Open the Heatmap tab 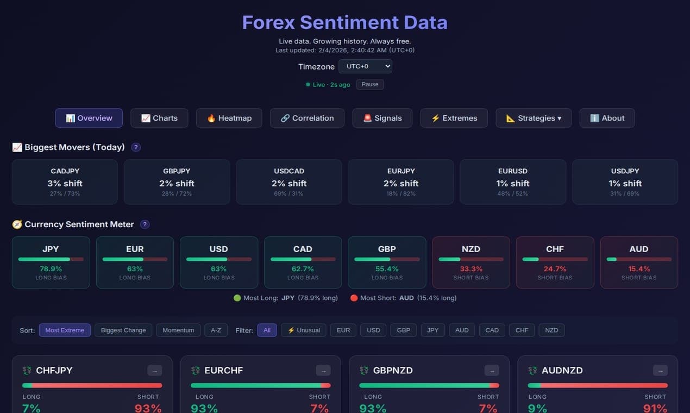pyautogui.click(x=229, y=118)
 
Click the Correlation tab pyautogui.click(x=307, y=118)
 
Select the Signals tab pyautogui.click(x=382, y=118)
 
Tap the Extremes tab pyautogui.click(x=454, y=118)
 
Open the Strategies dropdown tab pyautogui.click(x=533, y=118)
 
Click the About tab pyautogui.click(x=607, y=118)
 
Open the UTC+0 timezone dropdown pyautogui.click(x=365, y=66)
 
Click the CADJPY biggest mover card pyautogui.click(x=65, y=182)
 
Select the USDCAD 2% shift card pyautogui.click(x=289, y=182)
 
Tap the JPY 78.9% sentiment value pyautogui.click(x=51, y=269)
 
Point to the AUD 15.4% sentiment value pyautogui.click(x=639, y=269)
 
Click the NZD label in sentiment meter pyautogui.click(x=471, y=249)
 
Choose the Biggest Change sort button pyautogui.click(x=123, y=330)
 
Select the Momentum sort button pyautogui.click(x=178, y=330)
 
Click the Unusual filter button pyautogui.click(x=304, y=330)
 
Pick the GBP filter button pyautogui.click(x=403, y=330)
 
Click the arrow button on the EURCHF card pyautogui.click(x=323, y=371)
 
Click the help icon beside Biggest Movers pyautogui.click(x=136, y=147)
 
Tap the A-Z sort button pyautogui.click(x=216, y=330)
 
